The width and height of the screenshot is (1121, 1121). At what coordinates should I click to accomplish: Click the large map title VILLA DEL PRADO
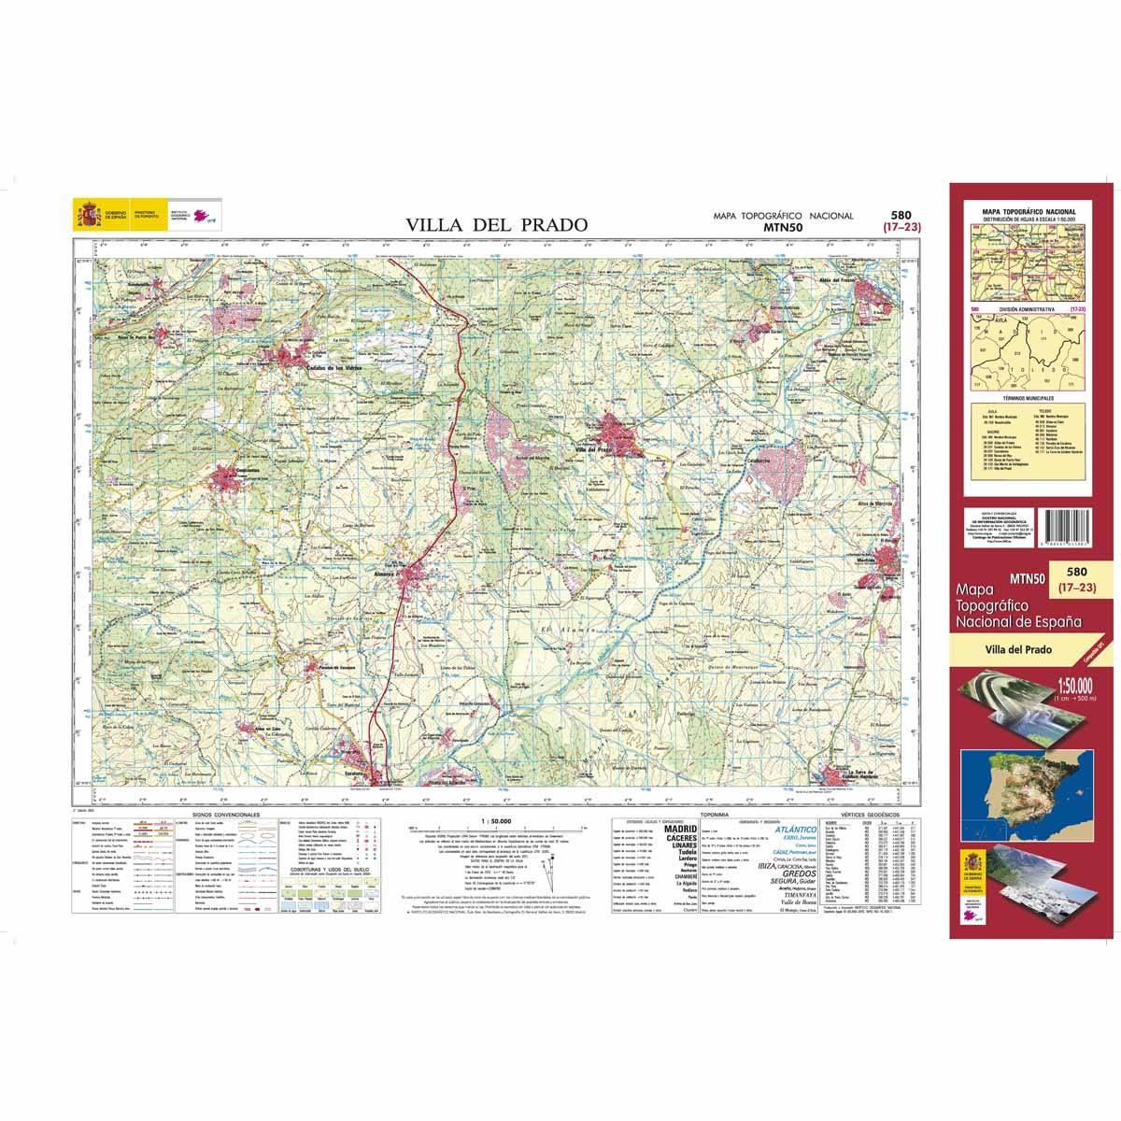pyautogui.click(x=496, y=224)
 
